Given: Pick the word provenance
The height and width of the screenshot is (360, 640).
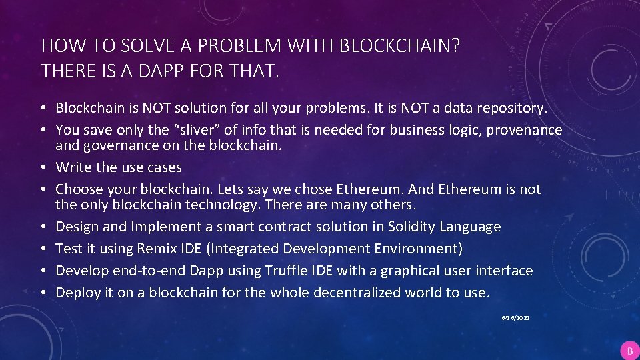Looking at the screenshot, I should pos(524,130).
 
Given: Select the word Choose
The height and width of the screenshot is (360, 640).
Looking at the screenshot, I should pos(79,189).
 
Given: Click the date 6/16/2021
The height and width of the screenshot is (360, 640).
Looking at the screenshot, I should pos(516,319).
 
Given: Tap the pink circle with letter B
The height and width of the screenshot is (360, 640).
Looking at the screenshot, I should pos(629,350).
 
